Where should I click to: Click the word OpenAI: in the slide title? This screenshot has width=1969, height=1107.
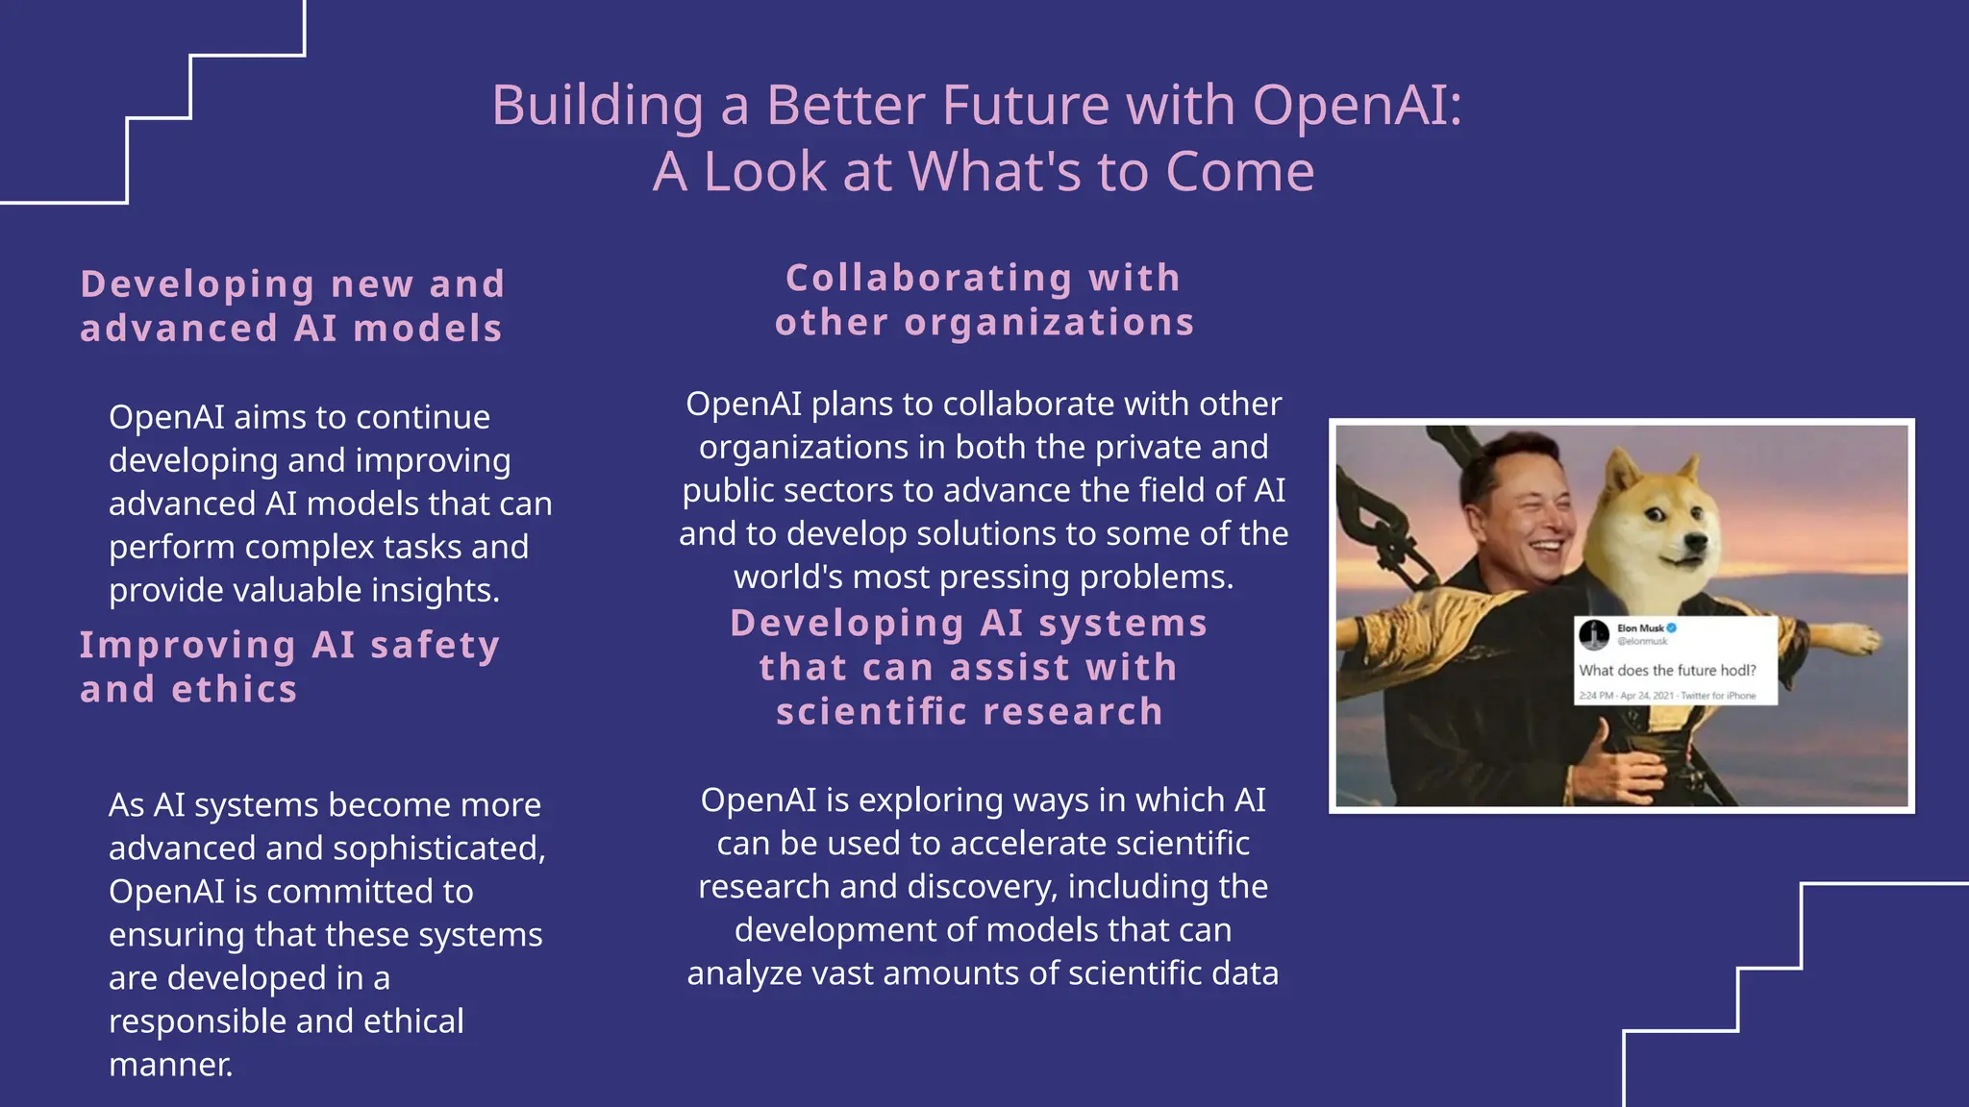[x=1357, y=105]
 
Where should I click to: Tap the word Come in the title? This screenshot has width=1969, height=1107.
[x=1239, y=172]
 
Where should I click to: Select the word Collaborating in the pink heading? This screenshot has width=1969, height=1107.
[x=929, y=278]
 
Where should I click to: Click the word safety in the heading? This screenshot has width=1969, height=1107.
[x=435, y=645]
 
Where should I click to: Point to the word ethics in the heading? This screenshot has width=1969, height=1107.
[x=235, y=689]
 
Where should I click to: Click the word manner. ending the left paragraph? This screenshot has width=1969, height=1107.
[x=171, y=1065]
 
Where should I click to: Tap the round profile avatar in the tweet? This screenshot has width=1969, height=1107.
[x=1594, y=634]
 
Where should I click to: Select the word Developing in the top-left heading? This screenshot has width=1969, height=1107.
[x=198, y=284]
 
